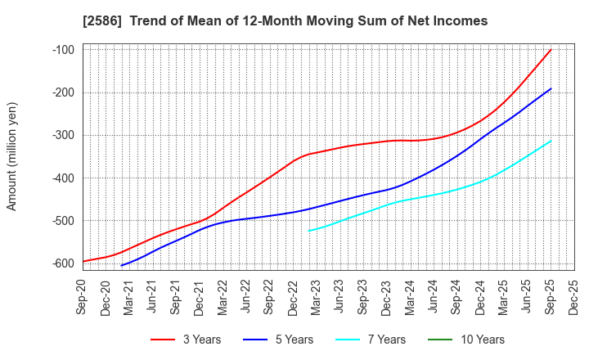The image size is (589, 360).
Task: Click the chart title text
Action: coord(294,20)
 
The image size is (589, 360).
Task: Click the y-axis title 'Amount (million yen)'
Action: coord(12,156)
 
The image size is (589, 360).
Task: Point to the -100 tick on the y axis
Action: coord(63,50)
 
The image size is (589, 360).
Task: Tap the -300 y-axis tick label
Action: coord(63,135)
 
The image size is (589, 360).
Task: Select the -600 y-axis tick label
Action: coord(63,263)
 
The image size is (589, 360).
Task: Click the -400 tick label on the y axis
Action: coord(63,178)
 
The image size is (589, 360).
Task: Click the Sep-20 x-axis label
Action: coord(83,292)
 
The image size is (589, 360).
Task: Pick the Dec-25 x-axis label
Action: coord(574,292)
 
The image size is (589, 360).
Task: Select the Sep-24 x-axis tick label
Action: coord(457,292)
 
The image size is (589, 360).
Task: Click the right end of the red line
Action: coord(551,50)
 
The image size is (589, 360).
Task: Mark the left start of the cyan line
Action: coord(308,231)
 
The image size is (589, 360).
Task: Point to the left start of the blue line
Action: coord(121,265)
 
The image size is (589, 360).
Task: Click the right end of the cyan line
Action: coord(551,141)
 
